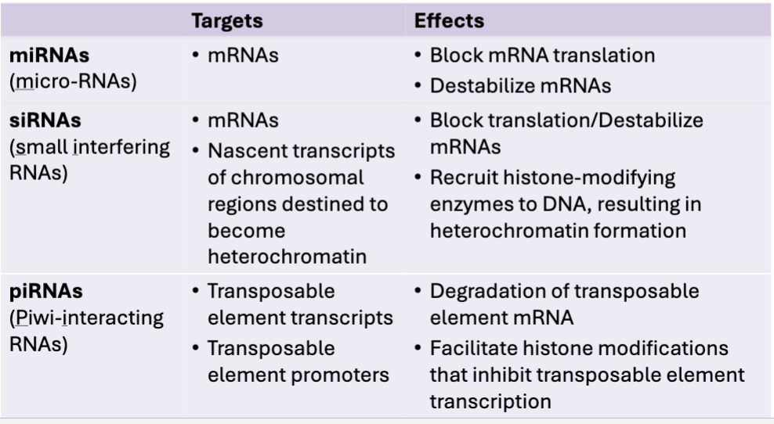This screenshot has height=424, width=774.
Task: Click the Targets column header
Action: click(x=227, y=21)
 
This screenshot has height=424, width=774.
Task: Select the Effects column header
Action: click(x=449, y=20)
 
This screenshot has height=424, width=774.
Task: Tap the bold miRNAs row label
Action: click(x=49, y=56)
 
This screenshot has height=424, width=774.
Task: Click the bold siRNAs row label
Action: click(x=45, y=120)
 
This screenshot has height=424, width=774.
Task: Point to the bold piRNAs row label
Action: click(x=46, y=292)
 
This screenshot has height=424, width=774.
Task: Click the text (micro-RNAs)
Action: click(x=73, y=81)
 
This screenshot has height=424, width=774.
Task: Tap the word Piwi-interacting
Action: click(x=89, y=318)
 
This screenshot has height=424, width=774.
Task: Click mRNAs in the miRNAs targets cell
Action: click(x=243, y=56)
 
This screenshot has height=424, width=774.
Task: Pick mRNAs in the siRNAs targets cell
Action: click(x=243, y=120)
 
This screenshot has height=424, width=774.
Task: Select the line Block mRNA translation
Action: click(x=542, y=56)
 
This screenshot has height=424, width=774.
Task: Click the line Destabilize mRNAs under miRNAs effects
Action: click(x=521, y=86)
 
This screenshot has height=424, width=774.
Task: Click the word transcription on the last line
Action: click(x=490, y=402)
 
